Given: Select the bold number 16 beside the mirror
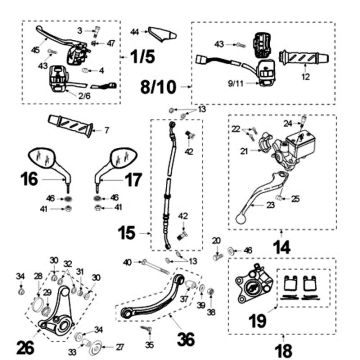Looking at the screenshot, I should (29, 180).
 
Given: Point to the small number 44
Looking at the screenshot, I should (132, 34).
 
